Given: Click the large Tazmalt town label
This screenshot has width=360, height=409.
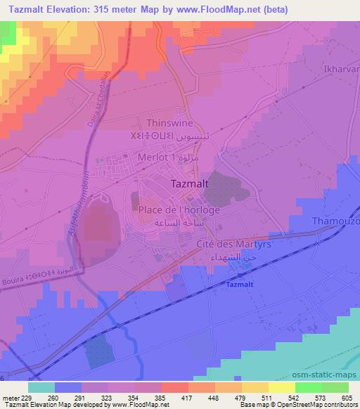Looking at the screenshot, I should tap(188, 184).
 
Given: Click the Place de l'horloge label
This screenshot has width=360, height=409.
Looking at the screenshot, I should tap(179, 210).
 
